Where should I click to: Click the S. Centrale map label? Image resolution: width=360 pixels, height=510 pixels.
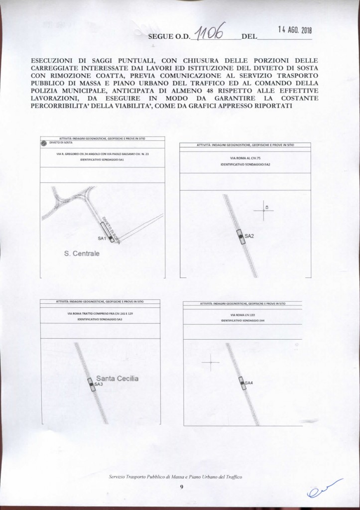[x=82, y=254]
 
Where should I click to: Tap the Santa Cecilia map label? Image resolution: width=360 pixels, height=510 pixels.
[x=117, y=379]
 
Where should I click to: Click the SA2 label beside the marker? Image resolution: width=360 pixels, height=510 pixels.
[x=249, y=236]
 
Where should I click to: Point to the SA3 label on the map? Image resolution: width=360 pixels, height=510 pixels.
[x=98, y=384]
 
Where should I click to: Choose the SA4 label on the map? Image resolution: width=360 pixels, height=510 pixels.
[x=249, y=382]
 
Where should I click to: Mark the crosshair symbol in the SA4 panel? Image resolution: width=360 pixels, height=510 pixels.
[x=211, y=363]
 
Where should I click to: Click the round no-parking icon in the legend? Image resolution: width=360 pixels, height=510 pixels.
[x=44, y=142]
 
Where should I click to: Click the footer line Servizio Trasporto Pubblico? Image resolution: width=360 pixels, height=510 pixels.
[x=175, y=477]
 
